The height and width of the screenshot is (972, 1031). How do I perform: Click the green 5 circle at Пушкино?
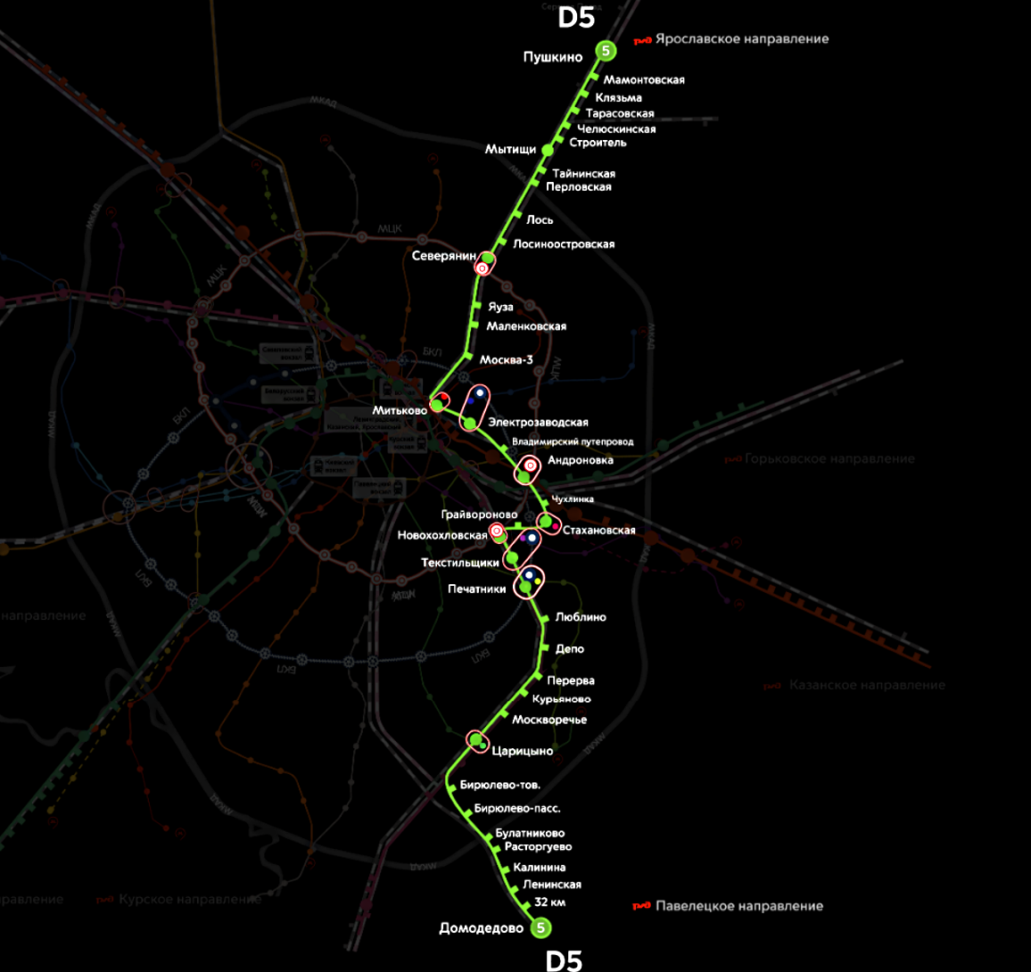coord(606,51)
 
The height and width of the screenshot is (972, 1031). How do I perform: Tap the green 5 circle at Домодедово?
coord(540,928)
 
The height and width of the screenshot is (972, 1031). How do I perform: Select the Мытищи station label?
coord(510,149)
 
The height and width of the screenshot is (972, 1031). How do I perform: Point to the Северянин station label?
coord(444,256)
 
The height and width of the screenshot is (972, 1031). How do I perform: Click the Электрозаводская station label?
coord(538,422)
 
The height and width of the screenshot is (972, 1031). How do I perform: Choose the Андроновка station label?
coord(581,460)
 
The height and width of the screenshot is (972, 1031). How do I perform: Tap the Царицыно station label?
coord(522,751)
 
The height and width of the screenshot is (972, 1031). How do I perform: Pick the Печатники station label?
coord(476,589)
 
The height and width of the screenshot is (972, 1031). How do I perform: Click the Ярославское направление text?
coord(741,39)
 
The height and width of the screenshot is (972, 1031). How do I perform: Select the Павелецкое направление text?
coord(738,906)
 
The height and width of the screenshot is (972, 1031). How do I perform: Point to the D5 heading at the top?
coord(576,17)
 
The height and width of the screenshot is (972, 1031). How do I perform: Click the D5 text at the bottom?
coord(564,960)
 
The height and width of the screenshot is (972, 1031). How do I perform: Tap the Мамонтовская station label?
coord(644,80)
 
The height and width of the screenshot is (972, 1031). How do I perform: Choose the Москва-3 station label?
coord(506,359)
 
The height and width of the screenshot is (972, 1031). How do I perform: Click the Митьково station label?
coord(400,410)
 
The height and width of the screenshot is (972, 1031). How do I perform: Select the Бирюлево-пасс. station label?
coord(517,808)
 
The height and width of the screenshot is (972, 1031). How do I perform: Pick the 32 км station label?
coord(549,902)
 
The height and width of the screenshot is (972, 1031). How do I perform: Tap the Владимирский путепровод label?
coord(573,441)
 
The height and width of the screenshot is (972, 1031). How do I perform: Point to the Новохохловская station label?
coord(442,535)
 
